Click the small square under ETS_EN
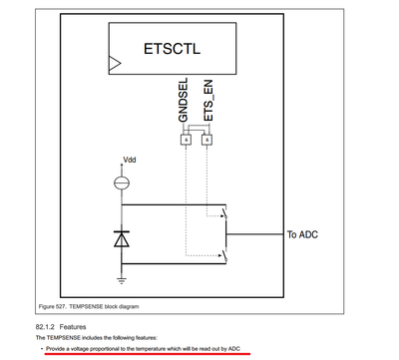206,140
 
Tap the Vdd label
129,160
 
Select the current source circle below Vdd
121,181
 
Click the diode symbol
121,239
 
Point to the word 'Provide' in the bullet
56,349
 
